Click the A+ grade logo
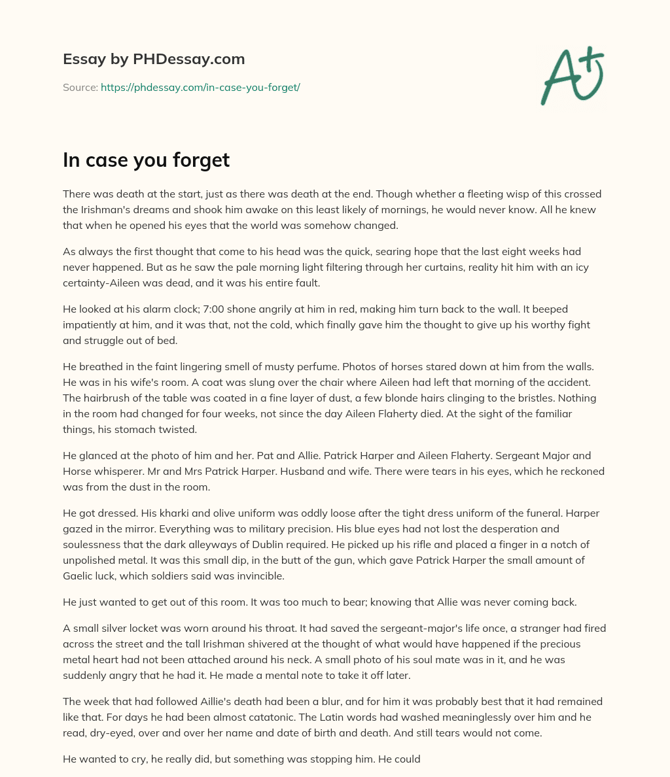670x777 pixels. coord(572,76)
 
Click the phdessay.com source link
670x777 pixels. coord(200,87)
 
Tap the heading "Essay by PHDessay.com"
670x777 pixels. coord(154,60)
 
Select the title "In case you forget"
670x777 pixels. coord(146,160)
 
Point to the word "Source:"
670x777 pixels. coord(80,87)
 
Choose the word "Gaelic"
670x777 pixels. coord(80,576)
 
